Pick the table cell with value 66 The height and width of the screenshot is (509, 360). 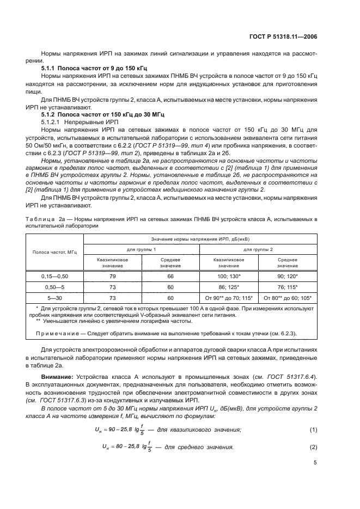(170, 277)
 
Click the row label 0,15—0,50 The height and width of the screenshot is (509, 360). (54, 277)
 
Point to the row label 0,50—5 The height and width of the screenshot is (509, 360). (54, 287)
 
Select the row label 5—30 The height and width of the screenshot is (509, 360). (54, 298)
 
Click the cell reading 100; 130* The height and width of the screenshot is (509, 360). (229, 277)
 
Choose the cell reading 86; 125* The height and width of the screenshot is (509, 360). (229, 287)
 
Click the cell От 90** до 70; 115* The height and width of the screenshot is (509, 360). (229, 298)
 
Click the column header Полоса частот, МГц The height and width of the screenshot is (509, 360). (54, 252)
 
